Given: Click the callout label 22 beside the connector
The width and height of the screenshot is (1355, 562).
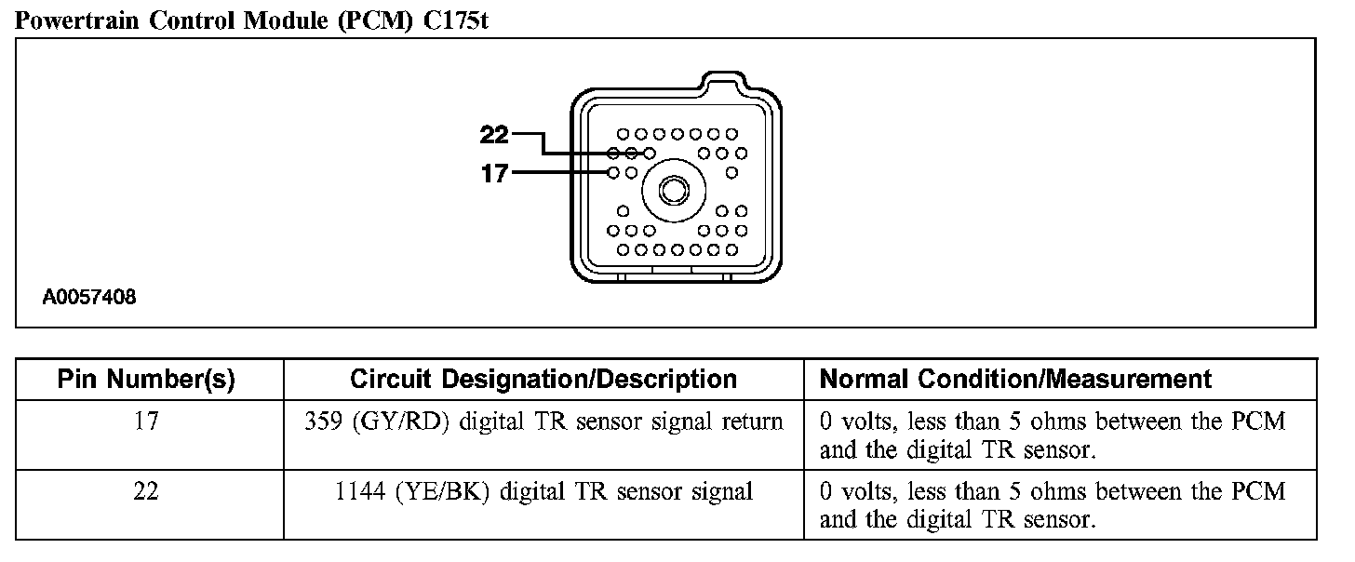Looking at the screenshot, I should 494,135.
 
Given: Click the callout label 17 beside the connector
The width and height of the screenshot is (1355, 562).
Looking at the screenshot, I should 494,173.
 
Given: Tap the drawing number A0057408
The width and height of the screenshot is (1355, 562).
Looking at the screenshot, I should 89,299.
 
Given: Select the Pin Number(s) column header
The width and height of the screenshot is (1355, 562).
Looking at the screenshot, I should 146,380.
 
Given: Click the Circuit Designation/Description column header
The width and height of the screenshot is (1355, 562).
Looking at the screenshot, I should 543,380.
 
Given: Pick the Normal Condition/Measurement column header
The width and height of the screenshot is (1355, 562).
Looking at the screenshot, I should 1015,380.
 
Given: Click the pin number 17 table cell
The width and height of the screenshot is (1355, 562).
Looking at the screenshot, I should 146,421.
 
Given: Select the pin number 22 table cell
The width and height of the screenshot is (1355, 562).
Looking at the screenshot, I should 146,491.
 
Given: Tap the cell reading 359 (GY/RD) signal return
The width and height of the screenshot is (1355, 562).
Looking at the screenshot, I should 543,421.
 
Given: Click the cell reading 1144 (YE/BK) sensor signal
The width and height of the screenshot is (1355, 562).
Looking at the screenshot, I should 543,491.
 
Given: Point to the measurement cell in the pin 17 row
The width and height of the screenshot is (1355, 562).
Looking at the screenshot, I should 1052,435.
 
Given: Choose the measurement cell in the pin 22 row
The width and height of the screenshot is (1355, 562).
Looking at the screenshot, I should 1052,505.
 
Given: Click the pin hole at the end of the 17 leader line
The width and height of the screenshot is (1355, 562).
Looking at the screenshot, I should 613,173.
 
